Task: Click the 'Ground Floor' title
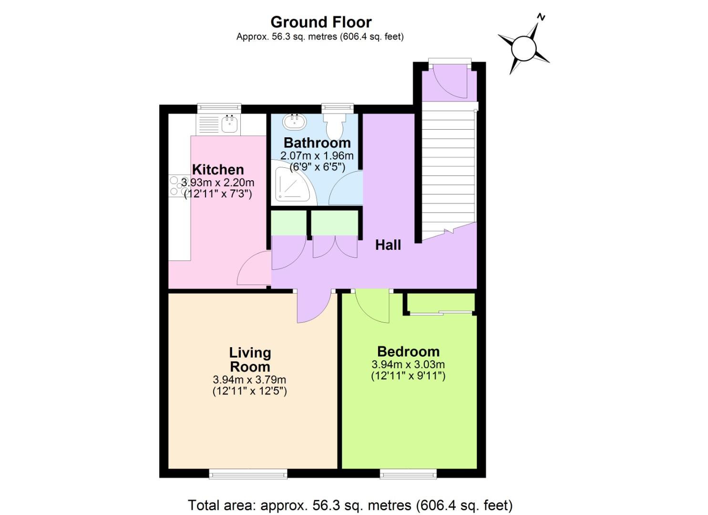(321, 22)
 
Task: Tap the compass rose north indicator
(523, 47)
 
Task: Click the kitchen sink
(229, 124)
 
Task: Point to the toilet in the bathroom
(337, 125)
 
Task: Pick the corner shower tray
(292, 183)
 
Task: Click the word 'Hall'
(388, 245)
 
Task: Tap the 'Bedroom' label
(408, 351)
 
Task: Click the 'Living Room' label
(250, 360)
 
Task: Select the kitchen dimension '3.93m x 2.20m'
(218, 182)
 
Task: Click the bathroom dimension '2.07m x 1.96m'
(317, 155)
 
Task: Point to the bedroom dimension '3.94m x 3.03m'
(408, 365)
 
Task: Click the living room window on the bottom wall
(248, 473)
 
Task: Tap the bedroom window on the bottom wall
(408, 473)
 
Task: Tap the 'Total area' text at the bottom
(350, 505)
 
